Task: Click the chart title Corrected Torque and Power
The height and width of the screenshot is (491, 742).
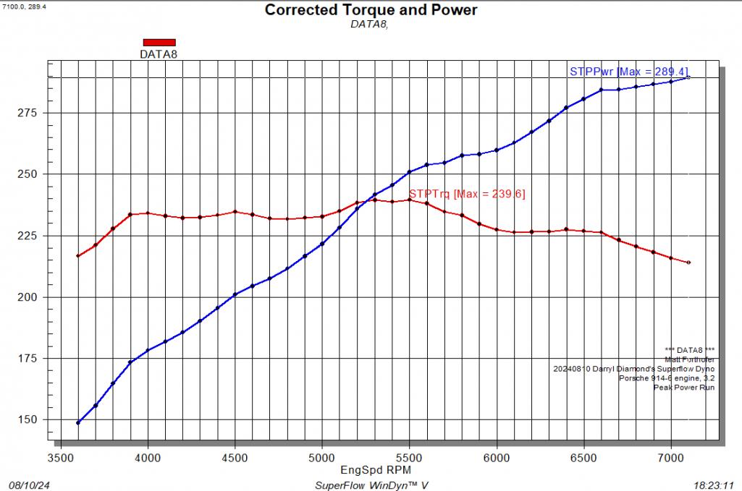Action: click(x=371, y=10)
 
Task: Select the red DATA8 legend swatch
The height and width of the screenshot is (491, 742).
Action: click(x=159, y=42)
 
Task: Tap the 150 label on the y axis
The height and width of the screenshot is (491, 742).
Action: click(x=29, y=420)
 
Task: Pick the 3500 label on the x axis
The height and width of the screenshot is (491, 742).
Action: click(x=60, y=458)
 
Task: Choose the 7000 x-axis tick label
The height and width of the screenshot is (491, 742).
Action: click(x=671, y=458)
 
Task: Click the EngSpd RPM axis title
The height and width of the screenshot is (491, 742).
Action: click(x=371, y=469)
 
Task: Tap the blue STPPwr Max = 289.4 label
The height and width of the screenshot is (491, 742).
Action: click(x=629, y=72)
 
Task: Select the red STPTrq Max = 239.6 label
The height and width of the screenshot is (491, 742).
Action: click(x=467, y=194)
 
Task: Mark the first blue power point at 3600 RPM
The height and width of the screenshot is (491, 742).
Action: click(x=78, y=422)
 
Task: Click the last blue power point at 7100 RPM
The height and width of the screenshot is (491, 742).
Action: click(x=688, y=77)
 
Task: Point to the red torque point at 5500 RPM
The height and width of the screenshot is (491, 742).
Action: click(x=409, y=200)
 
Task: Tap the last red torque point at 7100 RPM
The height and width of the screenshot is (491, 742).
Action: click(x=688, y=262)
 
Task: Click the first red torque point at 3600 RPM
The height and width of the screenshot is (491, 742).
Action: click(x=78, y=256)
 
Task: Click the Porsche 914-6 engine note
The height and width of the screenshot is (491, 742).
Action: click(x=667, y=377)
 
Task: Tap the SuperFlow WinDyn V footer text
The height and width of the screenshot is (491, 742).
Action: click(x=371, y=484)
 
